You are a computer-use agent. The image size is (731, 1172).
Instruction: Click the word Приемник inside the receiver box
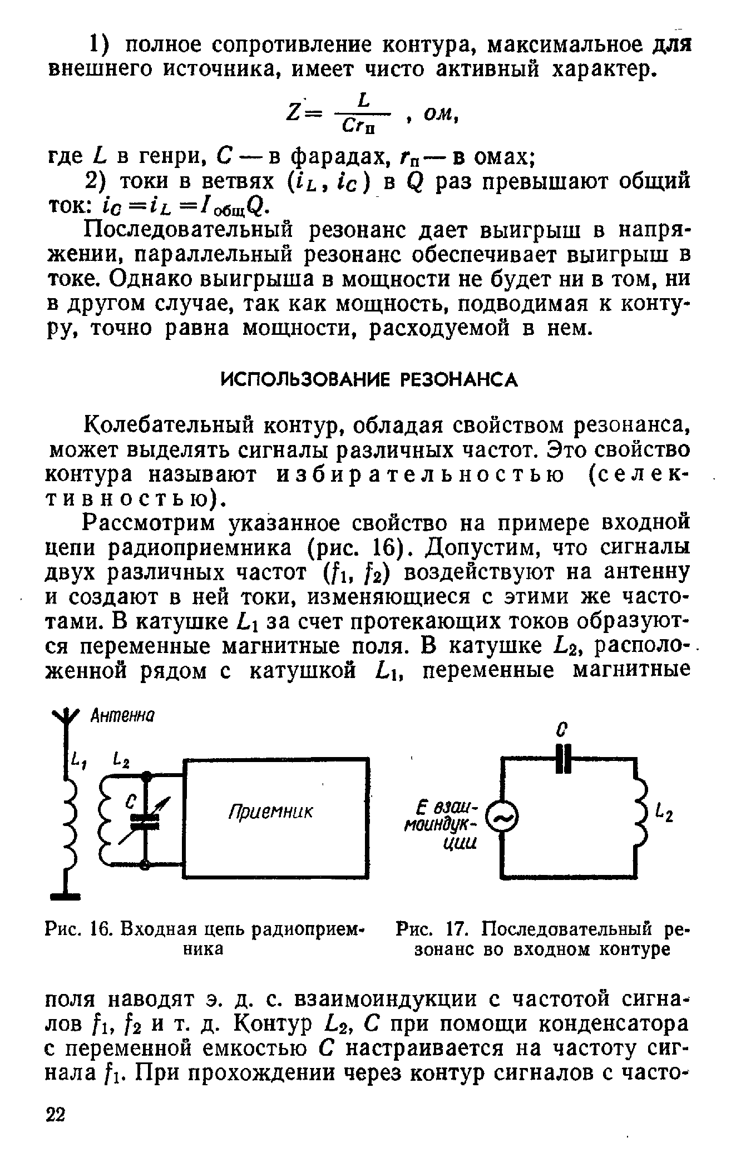pyautogui.click(x=271, y=812)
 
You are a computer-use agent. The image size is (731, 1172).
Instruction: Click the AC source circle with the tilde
pyautogui.click(x=501, y=818)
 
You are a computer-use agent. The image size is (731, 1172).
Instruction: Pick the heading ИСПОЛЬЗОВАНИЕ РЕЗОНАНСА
pyautogui.click(x=370, y=380)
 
